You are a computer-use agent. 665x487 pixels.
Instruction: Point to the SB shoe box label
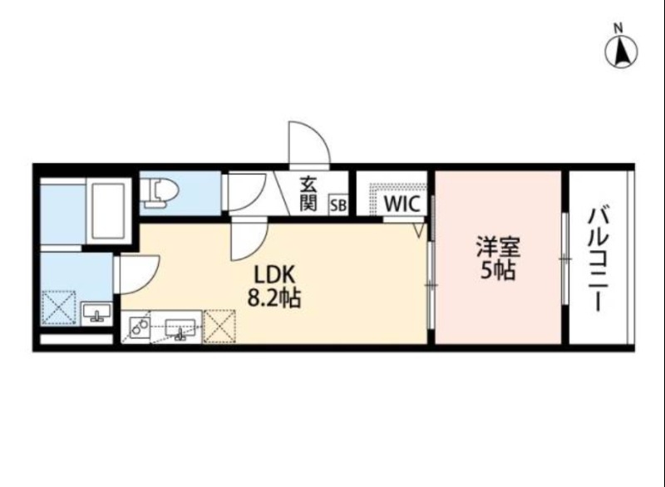point(338,204)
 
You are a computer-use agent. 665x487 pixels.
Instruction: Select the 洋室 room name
point(498,248)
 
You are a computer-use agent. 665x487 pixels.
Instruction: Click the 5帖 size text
point(498,272)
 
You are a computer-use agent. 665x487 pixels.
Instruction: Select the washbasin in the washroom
point(98,314)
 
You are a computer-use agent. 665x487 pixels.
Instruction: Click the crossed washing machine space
point(58,307)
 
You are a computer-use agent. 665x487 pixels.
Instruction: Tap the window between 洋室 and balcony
point(564,260)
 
